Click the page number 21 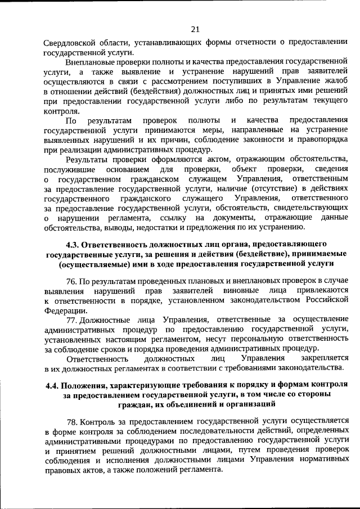pyautogui.click(x=195, y=29)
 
